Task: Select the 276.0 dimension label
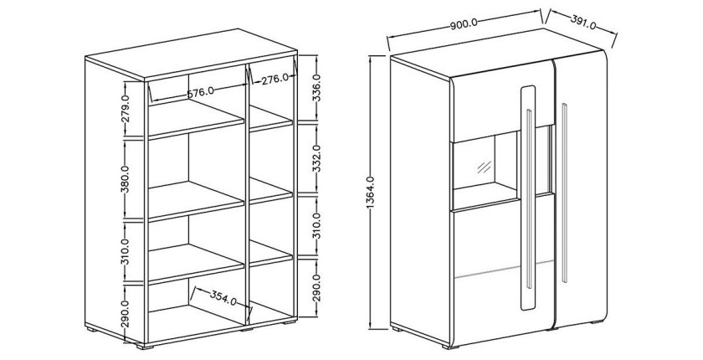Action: coord(275,78)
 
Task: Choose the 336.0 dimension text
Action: coord(316,88)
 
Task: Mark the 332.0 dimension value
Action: coord(316,159)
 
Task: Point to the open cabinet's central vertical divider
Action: coord(249,193)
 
